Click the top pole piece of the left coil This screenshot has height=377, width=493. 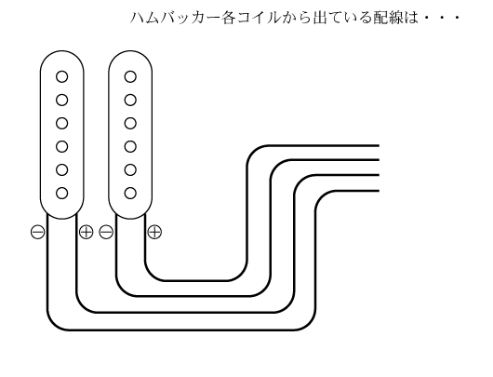click(62, 76)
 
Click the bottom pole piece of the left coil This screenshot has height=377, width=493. click(62, 193)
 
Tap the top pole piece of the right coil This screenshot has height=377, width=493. click(130, 76)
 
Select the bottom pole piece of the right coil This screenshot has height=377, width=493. click(130, 193)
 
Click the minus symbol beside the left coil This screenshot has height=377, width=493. click(38, 232)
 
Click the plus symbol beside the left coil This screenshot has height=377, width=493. click(87, 232)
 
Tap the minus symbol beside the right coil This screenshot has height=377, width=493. click(106, 232)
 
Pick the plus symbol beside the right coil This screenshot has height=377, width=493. click(154, 232)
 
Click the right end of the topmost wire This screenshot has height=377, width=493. click(379, 146)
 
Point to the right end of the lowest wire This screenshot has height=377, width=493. click(379, 191)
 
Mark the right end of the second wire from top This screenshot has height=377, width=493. click(379, 160)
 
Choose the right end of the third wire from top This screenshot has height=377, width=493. click(379, 175)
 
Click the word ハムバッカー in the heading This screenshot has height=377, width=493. click(175, 18)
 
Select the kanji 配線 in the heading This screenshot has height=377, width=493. click(389, 18)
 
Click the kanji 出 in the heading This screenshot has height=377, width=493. click(320, 18)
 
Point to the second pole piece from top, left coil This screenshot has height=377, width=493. click(62, 101)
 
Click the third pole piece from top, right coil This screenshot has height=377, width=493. click(130, 124)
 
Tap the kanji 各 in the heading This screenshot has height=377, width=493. click(228, 18)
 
